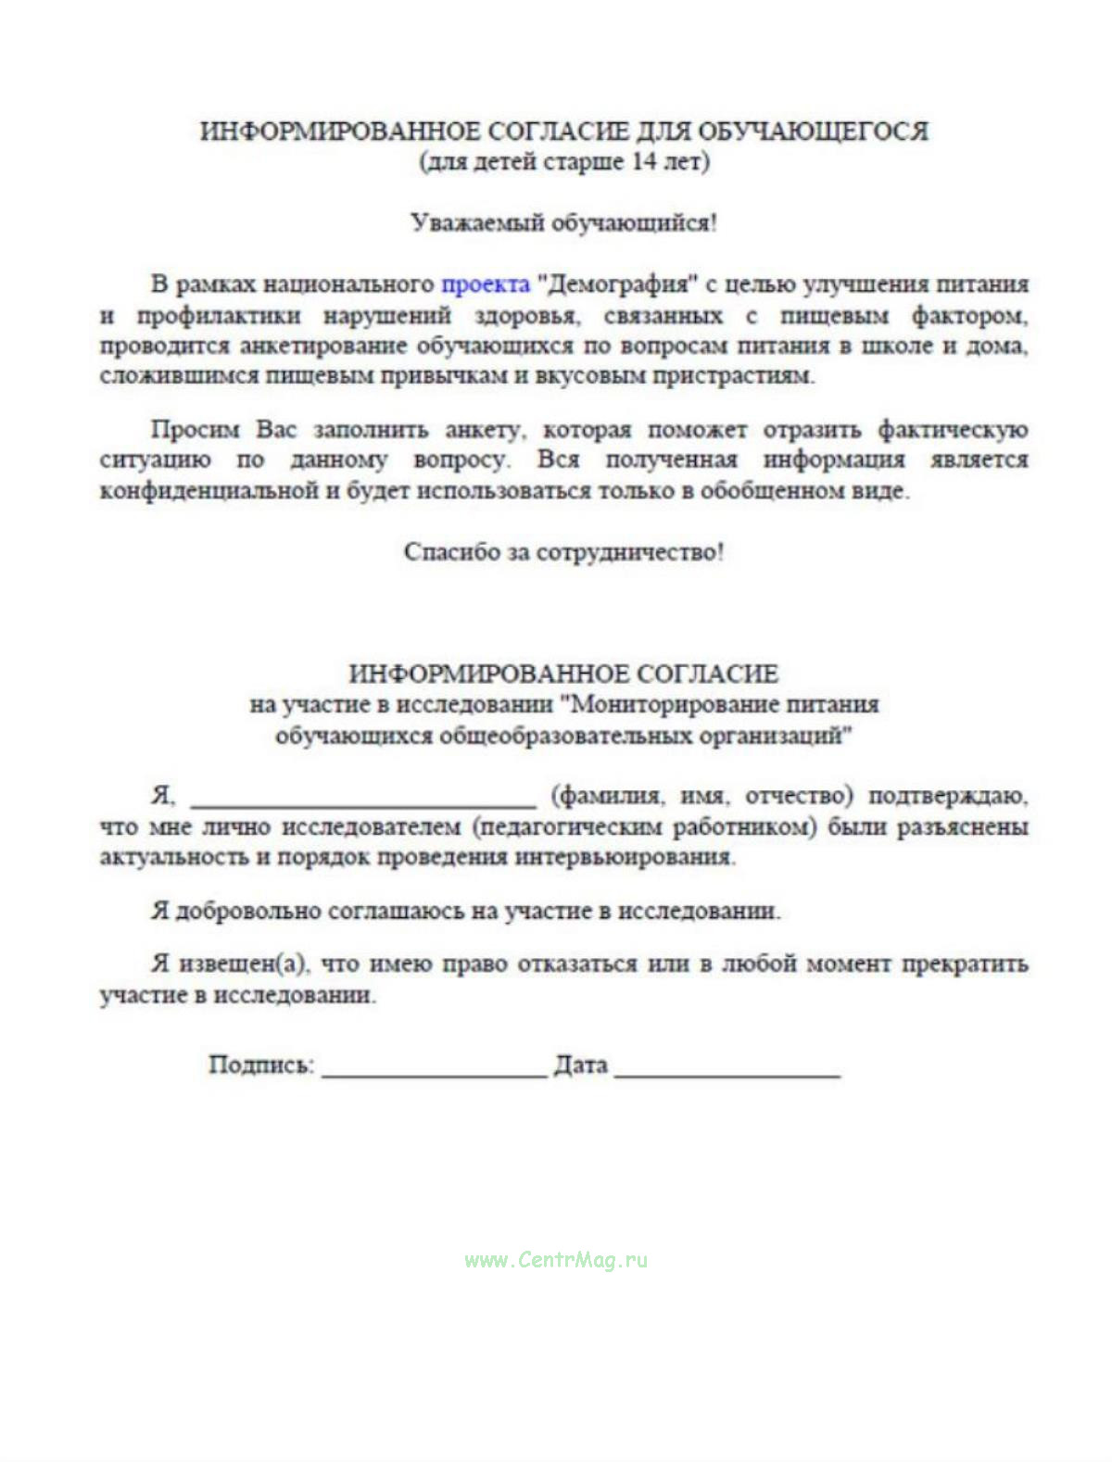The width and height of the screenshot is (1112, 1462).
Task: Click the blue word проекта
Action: pos(485,284)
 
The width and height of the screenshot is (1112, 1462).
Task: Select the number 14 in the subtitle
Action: pos(644,161)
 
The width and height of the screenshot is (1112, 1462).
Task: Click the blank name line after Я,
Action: pos(363,799)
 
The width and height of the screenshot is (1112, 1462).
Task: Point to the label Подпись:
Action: pos(262,1065)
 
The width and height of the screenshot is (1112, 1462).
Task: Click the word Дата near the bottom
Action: pos(581,1065)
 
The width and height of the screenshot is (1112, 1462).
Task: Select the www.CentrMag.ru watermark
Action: pos(556,1260)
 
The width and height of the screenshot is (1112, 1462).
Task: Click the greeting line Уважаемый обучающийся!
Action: pos(563,223)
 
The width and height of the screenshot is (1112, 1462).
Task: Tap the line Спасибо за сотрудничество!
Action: pos(563,552)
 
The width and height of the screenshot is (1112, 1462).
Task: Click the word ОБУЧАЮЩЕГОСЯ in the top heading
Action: pos(812,131)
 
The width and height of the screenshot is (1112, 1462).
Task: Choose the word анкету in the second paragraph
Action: pos(485,430)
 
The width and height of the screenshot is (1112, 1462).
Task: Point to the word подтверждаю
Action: pos(948,796)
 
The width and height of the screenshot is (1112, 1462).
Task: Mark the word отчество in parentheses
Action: pos(799,796)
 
